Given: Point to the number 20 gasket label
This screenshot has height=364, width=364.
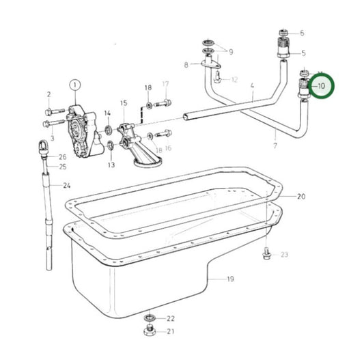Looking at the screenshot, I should click(301, 196).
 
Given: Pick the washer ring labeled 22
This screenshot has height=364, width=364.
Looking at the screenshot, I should click(150, 318).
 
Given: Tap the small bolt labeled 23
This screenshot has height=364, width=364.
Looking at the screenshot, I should click(267, 255).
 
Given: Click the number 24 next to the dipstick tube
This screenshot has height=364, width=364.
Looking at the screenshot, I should click(67, 186).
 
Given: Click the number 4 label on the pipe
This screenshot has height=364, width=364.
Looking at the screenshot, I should click(252, 87).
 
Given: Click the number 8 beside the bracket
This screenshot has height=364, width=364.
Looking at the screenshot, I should click(186, 65).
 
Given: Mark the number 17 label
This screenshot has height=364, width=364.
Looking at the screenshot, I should click(165, 85).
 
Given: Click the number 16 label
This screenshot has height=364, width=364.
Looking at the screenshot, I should click(168, 148).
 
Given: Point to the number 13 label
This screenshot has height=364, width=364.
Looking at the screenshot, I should click(111, 165).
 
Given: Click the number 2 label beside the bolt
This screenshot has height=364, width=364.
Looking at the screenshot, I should click(48, 94).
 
